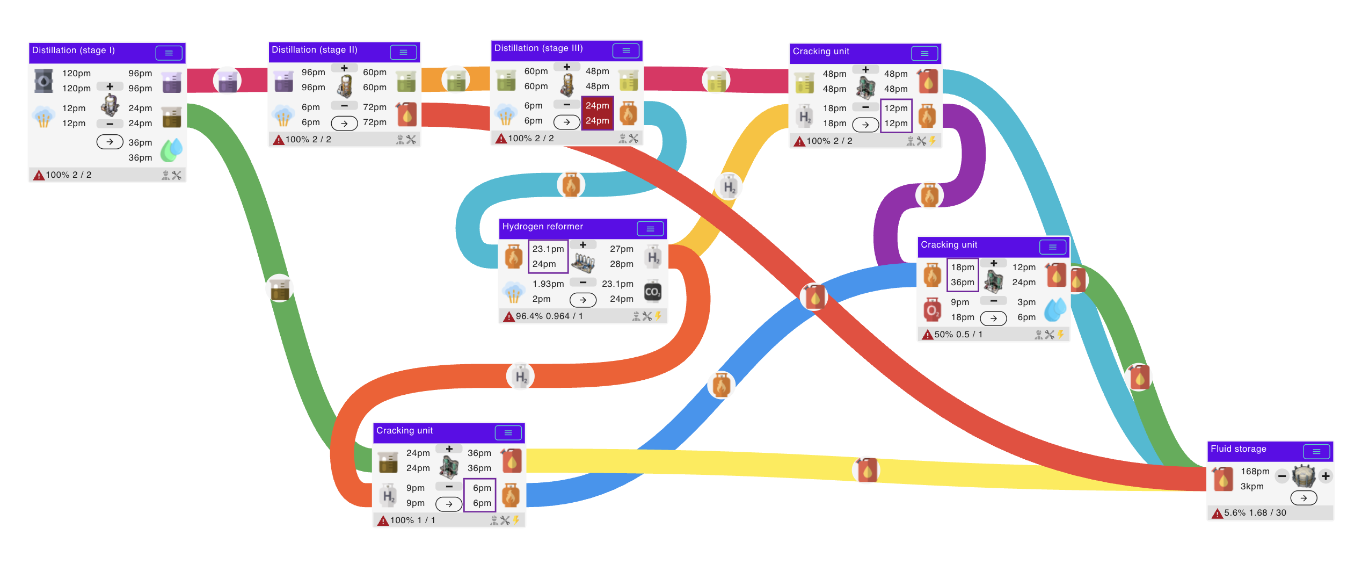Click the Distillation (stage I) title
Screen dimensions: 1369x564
pyautogui.click(x=74, y=50)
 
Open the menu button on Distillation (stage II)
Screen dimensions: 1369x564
pyautogui.click(x=403, y=52)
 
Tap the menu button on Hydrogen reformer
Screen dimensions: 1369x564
pyautogui.click(x=650, y=229)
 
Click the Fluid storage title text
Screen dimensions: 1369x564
pyautogui.click(x=1238, y=449)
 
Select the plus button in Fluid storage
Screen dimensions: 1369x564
pyautogui.click(x=1326, y=476)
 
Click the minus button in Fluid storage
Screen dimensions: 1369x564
pyautogui.click(x=1282, y=476)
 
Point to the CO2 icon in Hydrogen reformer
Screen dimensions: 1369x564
pyautogui.click(x=652, y=292)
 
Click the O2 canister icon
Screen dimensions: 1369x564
pyautogui.click(x=932, y=310)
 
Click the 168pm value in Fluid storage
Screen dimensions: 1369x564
pyautogui.click(x=1255, y=472)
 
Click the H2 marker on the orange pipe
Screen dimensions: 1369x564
pyautogui.click(x=520, y=376)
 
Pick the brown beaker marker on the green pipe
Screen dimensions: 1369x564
pyautogui.click(x=280, y=288)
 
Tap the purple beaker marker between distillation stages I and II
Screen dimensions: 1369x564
pyautogui.click(x=227, y=81)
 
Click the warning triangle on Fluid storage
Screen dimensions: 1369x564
pyautogui.click(x=1217, y=513)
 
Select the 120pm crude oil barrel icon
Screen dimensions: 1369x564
pyautogui.click(x=43, y=81)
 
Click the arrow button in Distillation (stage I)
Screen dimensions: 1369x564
pyautogui.click(x=110, y=142)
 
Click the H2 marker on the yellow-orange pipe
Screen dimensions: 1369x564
pyautogui.click(x=729, y=187)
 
